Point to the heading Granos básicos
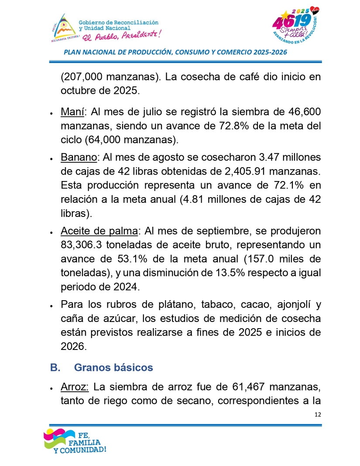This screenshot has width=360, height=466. coord(113,367)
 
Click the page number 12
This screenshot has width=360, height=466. coord(318,414)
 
